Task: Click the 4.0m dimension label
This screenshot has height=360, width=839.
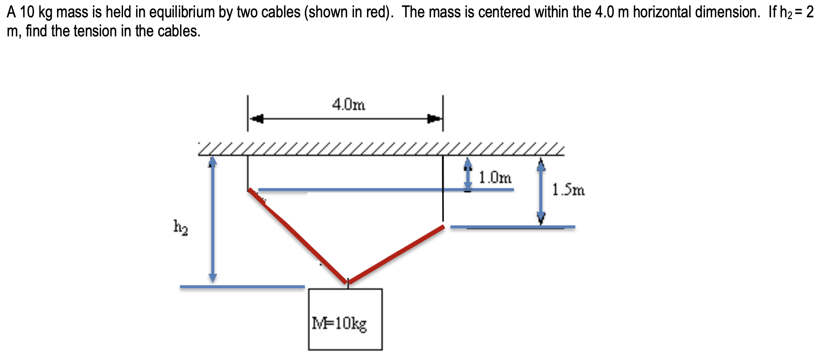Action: tap(348, 104)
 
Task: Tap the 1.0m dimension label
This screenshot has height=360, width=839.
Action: tap(495, 177)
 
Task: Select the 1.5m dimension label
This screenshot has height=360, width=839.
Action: tap(568, 190)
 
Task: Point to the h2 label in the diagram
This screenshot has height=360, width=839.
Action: tap(181, 227)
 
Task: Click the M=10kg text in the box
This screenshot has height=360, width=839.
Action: tap(339, 324)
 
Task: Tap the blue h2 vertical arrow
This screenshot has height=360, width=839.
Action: tap(213, 220)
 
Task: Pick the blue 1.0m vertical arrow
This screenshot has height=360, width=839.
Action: tap(468, 174)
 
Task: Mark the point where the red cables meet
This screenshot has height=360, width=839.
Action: tap(348, 282)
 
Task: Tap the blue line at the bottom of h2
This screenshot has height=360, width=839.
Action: tap(242, 287)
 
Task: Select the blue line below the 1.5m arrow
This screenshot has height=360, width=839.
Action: tap(513, 227)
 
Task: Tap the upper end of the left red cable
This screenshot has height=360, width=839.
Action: tap(250, 190)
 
